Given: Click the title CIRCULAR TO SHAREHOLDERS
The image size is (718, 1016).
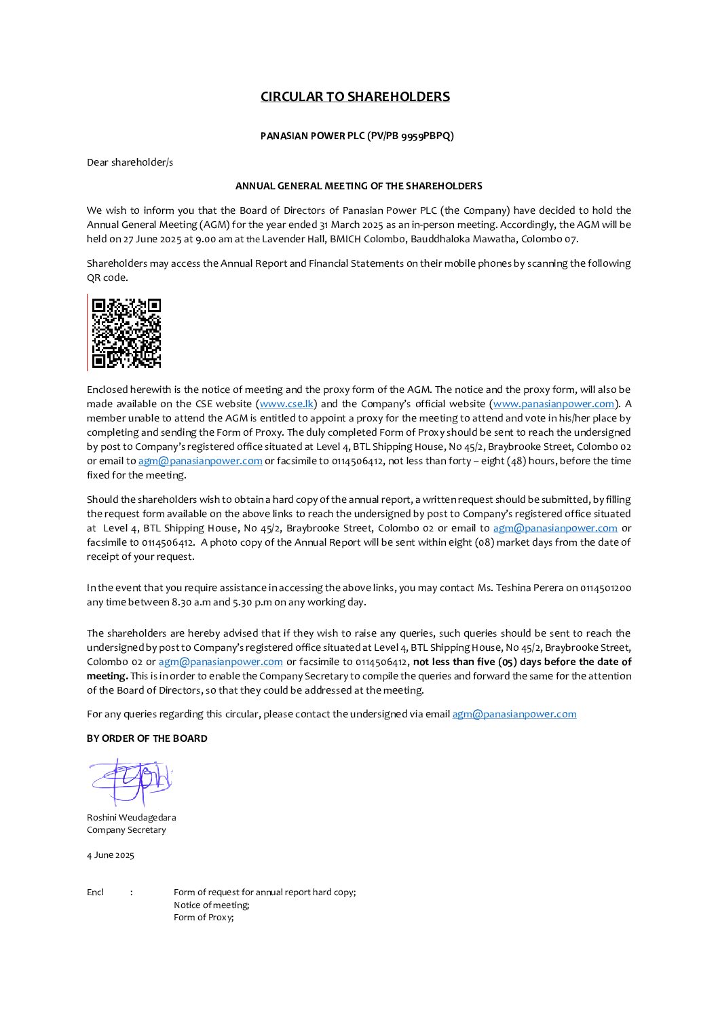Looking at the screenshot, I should point(355,96).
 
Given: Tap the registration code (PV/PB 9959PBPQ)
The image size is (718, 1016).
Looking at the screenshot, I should point(410,136).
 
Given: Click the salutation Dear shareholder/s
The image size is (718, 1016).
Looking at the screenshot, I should point(130,162).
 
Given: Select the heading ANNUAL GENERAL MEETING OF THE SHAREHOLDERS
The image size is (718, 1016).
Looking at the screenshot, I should point(358,186).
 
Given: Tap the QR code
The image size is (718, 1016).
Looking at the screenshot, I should point(126,333).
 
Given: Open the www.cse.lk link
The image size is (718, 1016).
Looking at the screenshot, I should point(286,404).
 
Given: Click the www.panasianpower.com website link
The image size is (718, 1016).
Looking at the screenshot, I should point(553,404).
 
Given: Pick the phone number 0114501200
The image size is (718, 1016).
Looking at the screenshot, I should point(605,588).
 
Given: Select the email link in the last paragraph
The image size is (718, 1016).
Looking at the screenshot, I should point(514,714).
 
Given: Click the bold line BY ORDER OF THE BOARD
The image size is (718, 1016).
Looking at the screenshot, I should point(147,738).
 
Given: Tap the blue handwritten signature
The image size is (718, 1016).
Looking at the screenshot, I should point(130,782).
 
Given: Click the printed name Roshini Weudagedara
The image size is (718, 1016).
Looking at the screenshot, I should point(131,818).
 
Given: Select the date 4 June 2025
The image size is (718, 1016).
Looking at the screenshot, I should point(110,855).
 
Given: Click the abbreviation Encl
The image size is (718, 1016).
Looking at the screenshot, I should point(95,892).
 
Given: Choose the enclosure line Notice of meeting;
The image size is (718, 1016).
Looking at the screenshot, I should point(211,905).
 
